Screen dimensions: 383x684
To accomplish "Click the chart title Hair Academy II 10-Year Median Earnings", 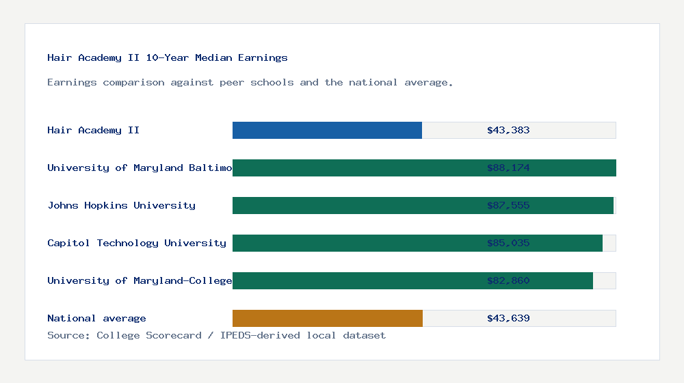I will tap(168, 58).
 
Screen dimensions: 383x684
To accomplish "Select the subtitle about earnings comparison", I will tap(250, 83).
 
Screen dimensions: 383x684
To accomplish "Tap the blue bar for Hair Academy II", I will tap(327, 131).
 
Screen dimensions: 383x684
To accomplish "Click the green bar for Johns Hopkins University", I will tap(423, 206).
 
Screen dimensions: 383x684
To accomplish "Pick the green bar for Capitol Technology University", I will tap(417, 243).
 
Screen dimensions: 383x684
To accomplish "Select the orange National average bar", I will tap(327, 319).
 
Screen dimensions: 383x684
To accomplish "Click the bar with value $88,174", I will tap(424, 168).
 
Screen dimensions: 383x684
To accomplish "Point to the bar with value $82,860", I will tap(412, 281).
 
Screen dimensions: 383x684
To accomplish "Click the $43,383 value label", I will tap(508, 131).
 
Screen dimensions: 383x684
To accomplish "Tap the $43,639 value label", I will tap(508, 319).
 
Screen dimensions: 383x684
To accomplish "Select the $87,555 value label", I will tap(508, 206).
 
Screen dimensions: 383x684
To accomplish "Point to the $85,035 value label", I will tap(508, 243).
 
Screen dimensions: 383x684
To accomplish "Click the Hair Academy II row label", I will tap(93, 131).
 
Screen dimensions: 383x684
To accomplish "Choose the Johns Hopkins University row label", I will tap(121, 206).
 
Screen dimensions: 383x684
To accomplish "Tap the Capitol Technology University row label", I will tap(137, 243).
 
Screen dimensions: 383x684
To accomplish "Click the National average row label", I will tap(96, 319).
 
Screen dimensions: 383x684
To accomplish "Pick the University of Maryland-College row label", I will tap(140, 281).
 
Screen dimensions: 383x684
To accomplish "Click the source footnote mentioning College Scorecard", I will tap(216, 336).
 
